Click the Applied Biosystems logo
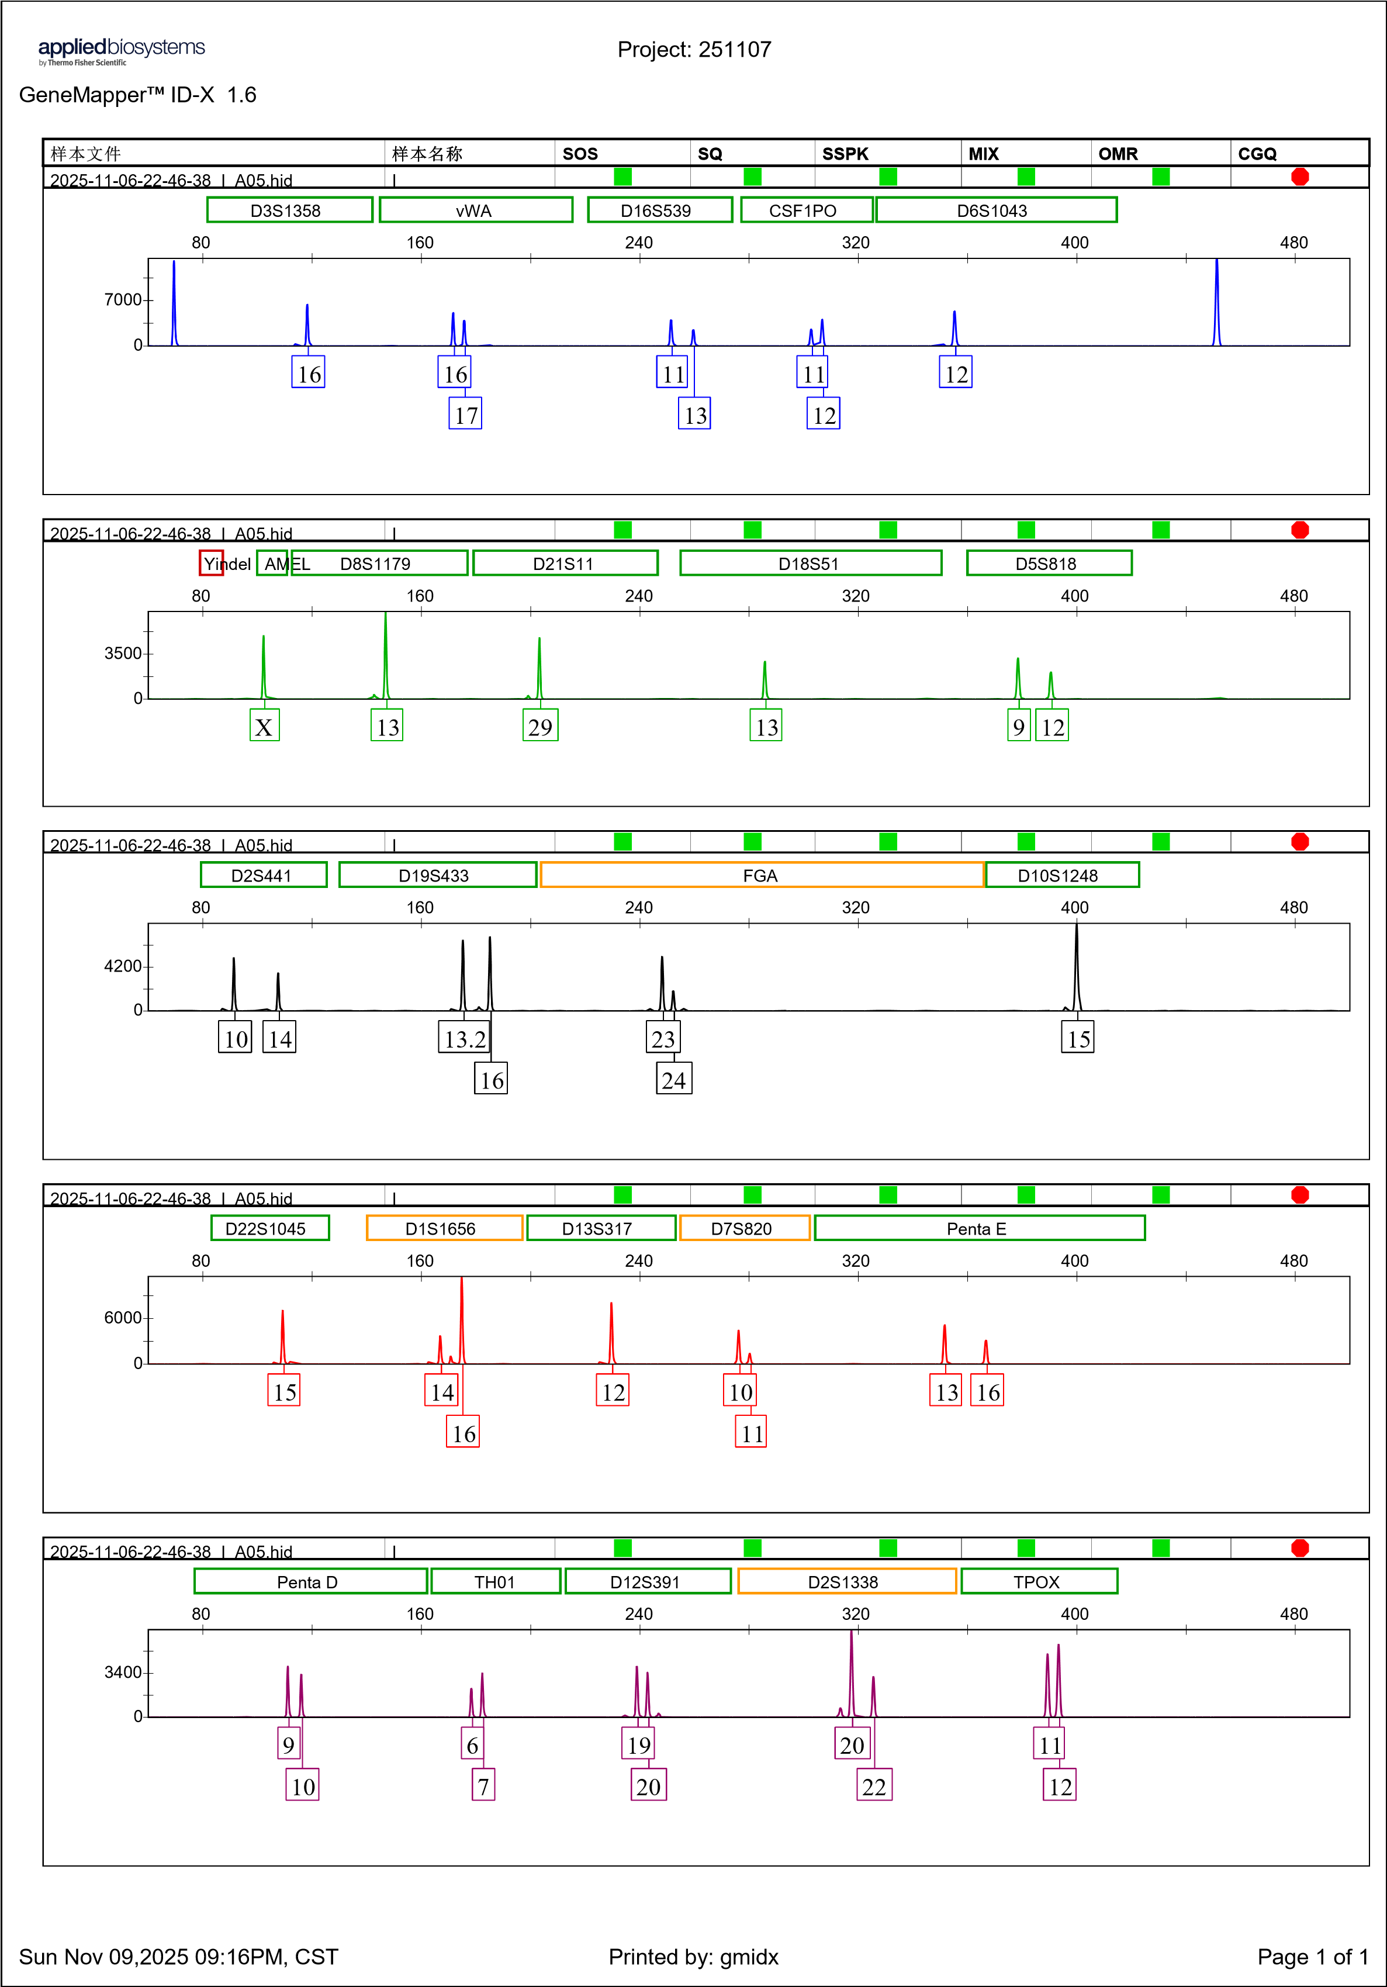(x=121, y=52)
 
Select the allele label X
(x=264, y=725)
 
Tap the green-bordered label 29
(x=540, y=725)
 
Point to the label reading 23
(x=663, y=1038)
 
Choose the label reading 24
(x=673, y=1079)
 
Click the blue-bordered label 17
(x=465, y=414)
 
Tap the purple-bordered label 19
(x=638, y=1744)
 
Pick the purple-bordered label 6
(x=472, y=1744)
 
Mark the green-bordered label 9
(x=1018, y=725)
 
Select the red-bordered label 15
(x=284, y=1391)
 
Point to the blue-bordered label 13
(x=695, y=414)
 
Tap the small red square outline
(x=211, y=562)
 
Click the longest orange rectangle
(x=762, y=874)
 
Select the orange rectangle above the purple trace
(x=846, y=1580)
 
